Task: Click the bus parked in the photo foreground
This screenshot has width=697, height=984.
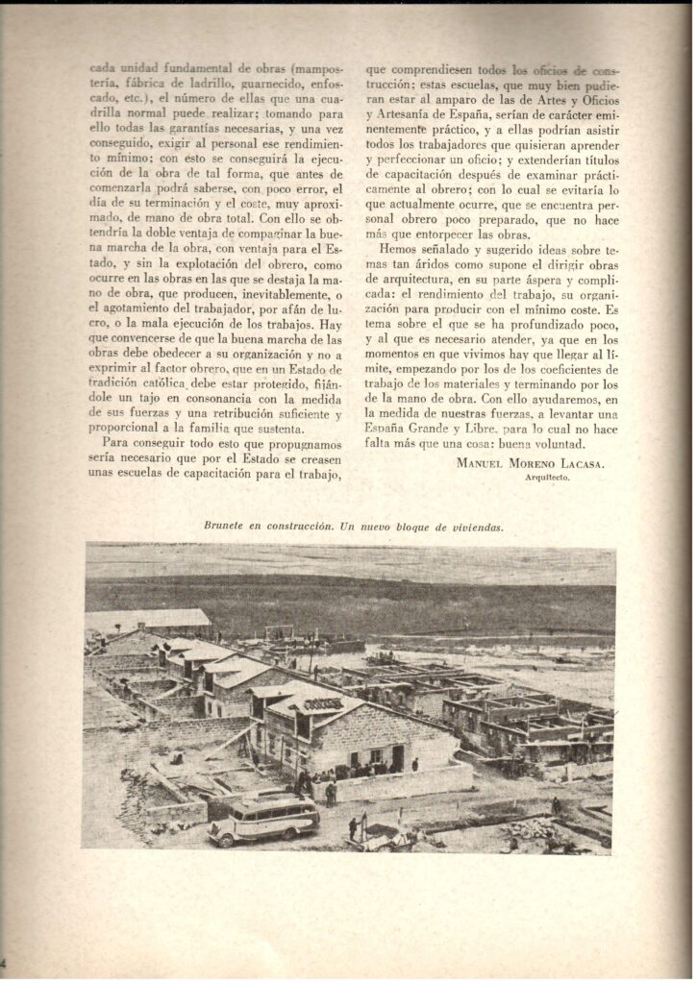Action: pyautogui.click(x=263, y=819)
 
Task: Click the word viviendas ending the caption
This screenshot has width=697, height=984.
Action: pyautogui.click(x=478, y=525)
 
